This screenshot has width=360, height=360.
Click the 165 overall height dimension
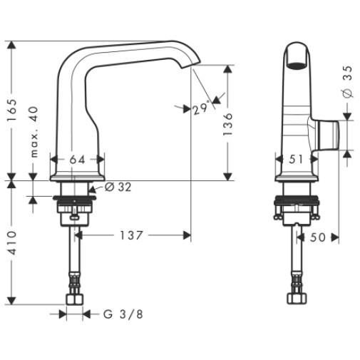(x=12, y=110)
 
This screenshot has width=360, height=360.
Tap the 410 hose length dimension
(x=12, y=242)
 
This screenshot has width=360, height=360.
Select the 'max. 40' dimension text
(x=34, y=132)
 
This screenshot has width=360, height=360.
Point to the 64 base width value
(x=77, y=160)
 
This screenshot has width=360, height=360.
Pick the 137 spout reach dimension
(x=131, y=235)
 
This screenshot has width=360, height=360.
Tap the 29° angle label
(x=202, y=108)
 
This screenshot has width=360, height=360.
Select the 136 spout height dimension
(x=227, y=124)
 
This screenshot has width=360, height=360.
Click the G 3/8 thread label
(x=123, y=314)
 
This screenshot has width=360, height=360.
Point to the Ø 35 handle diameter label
(x=347, y=82)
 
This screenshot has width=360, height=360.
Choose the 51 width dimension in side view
(x=296, y=159)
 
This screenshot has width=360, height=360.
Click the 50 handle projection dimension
(x=317, y=237)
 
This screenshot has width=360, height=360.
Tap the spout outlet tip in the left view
(x=191, y=66)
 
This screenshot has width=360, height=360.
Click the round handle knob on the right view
(x=327, y=135)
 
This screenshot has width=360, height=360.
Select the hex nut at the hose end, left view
(x=75, y=299)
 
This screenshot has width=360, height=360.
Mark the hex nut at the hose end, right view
(x=297, y=299)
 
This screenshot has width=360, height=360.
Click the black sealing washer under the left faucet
(x=74, y=198)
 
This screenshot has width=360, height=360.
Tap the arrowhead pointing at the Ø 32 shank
(x=92, y=190)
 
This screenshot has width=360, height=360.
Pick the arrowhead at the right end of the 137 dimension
(x=187, y=235)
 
